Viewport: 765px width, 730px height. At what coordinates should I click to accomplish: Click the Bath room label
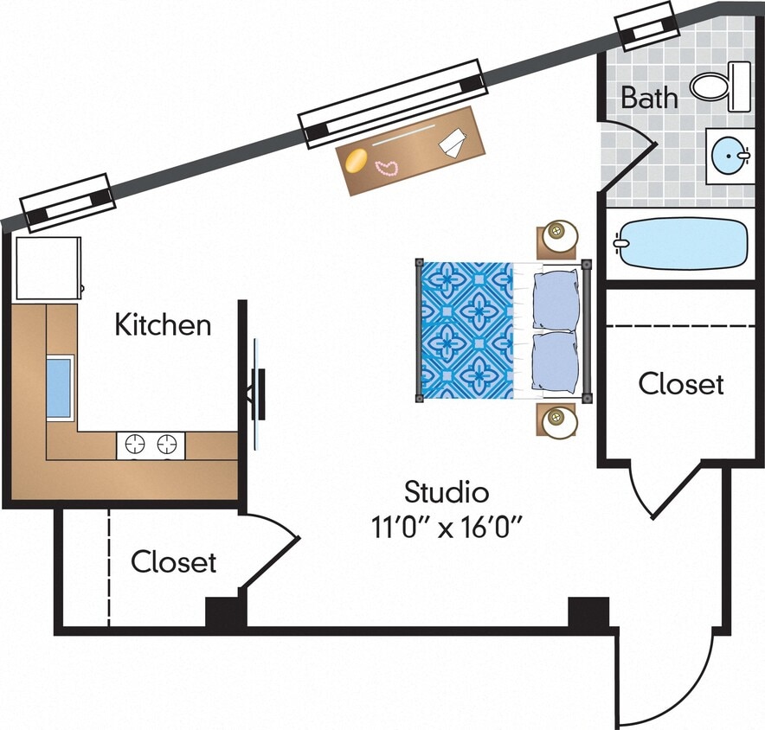pyautogui.click(x=649, y=97)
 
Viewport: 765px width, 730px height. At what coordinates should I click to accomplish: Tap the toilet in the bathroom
pyautogui.click(x=713, y=86)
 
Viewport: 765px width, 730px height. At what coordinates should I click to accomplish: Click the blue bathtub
pyautogui.click(x=682, y=243)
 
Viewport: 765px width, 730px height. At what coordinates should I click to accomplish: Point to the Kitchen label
pyautogui.click(x=163, y=325)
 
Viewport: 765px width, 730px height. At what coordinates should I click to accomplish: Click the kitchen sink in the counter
pyautogui.click(x=58, y=387)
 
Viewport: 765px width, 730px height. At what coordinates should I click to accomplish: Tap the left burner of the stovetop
pyautogui.click(x=135, y=445)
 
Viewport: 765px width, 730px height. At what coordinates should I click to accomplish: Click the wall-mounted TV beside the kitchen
pyautogui.click(x=257, y=394)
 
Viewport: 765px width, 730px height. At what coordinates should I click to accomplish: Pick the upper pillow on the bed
pyautogui.click(x=554, y=299)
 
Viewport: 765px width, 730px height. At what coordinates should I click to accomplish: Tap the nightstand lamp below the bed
pyautogui.click(x=557, y=421)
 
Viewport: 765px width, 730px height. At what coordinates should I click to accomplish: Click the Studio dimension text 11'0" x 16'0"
pyautogui.click(x=447, y=526)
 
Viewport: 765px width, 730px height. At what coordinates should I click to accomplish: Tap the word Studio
pyautogui.click(x=447, y=493)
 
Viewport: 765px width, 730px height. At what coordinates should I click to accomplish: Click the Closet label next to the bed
pyautogui.click(x=681, y=383)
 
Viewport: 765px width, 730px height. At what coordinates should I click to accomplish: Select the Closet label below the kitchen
pyautogui.click(x=173, y=562)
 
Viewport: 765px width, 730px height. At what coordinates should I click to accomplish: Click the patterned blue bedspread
pyautogui.click(x=466, y=330)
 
